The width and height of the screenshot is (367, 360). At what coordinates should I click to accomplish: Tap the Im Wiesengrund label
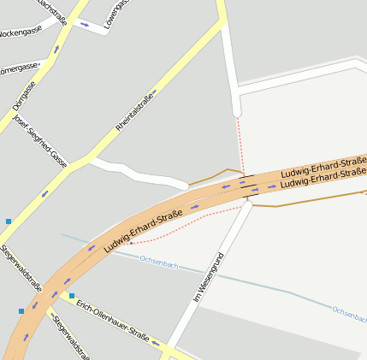[x=208, y=278]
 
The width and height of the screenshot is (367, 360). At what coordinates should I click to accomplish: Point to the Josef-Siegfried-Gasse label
[x=40, y=140]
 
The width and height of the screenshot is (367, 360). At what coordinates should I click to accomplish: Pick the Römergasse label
[x=19, y=68]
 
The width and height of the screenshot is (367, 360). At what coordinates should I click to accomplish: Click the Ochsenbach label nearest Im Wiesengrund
[x=158, y=265]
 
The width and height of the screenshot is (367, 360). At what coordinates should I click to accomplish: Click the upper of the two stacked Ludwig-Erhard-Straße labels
[x=323, y=164]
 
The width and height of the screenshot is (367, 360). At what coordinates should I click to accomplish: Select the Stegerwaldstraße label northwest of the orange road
[x=21, y=269]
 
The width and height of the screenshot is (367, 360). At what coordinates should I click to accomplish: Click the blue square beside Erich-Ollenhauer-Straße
[x=72, y=296]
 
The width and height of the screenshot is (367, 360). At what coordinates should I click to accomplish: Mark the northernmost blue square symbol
[x=9, y=221]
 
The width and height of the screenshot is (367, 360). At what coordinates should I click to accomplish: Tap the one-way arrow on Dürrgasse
[x=56, y=50]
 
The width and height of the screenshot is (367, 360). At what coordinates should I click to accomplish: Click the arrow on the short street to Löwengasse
[x=84, y=24]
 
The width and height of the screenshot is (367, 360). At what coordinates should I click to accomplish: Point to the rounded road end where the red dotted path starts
[x=237, y=112]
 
